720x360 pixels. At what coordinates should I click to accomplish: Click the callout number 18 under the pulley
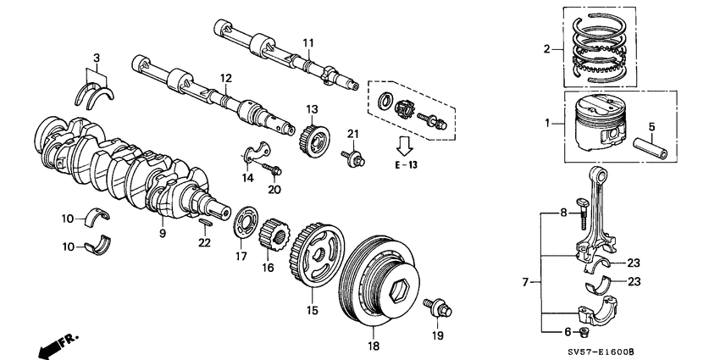pyautogui.click(x=374, y=346)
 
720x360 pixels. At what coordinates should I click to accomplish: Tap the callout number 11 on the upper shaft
pyautogui.click(x=307, y=42)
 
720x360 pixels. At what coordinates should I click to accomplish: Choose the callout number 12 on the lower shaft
pyautogui.click(x=225, y=78)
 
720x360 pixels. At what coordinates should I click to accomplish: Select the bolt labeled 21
pyautogui.click(x=349, y=158)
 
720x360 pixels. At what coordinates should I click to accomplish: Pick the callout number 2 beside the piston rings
pyautogui.click(x=546, y=48)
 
